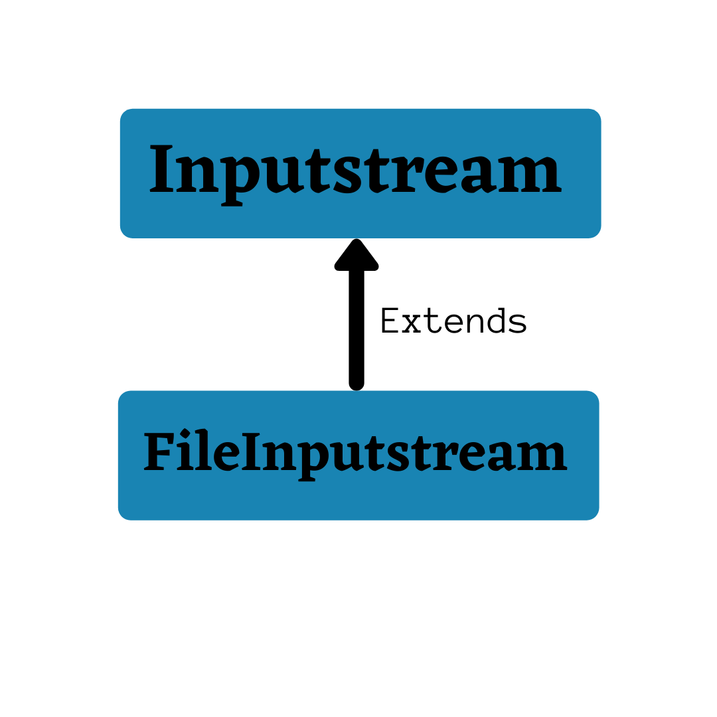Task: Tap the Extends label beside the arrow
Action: click(x=453, y=322)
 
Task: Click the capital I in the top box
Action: click(x=161, y=171)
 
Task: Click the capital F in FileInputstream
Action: click(x=158, y=452)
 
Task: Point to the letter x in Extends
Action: click(x=411, y=323)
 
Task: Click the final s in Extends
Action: click(x=517, y=323)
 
